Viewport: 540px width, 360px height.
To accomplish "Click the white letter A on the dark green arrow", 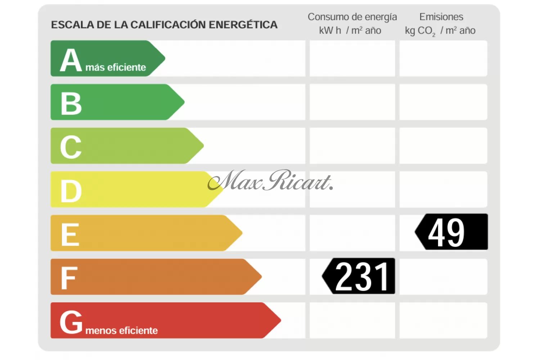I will coord(71,60).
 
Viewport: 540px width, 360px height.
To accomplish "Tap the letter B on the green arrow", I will coord(71,104).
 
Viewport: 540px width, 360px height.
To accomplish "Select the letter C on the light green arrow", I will coord(71,147).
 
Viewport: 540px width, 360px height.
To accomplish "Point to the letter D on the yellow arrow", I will coord(71,191).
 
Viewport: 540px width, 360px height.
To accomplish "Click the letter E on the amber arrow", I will coord(70,234).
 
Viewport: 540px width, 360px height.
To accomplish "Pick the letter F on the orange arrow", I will coord(68,278).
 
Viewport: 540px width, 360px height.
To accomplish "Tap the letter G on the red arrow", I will coord(71,322).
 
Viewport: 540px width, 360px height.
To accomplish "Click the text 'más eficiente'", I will coord(116,67).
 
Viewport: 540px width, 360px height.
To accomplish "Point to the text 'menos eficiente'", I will coord(122,330).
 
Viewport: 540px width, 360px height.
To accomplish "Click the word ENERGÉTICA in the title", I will coord(243,25).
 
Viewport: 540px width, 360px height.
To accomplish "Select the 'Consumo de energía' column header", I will coord(352,17).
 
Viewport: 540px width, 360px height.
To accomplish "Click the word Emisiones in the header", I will coord(441,17).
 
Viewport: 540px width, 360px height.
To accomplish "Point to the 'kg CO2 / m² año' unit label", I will coord(440,31).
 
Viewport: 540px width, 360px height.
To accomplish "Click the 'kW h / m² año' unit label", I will coord(350,31).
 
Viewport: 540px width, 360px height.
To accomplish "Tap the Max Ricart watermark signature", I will coord(270,181).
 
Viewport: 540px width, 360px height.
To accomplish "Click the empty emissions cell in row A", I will coord(443,58).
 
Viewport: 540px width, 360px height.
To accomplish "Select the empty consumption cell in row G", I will coord(352,320).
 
